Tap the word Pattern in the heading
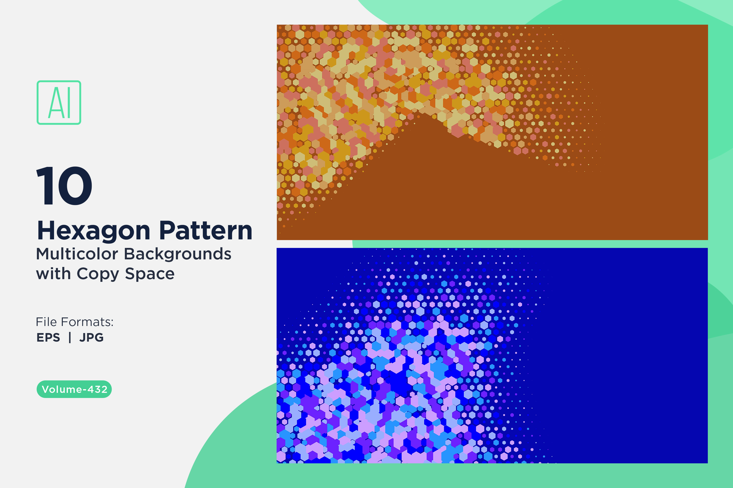pos(206,231)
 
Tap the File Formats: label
pos(75,322)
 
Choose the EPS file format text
pos(48,338)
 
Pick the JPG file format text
pos(92,338)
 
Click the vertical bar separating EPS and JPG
pos(70,338)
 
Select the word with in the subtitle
pos(53,274)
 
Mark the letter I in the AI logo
pos(69,103)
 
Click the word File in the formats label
pos(47,322)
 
